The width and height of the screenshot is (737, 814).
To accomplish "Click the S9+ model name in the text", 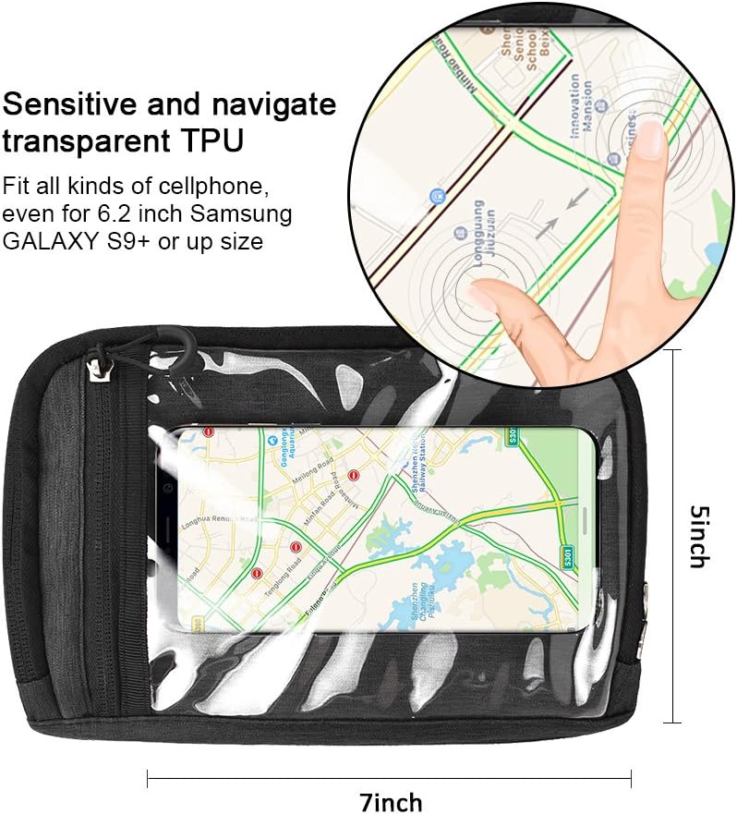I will pos(158,241).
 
